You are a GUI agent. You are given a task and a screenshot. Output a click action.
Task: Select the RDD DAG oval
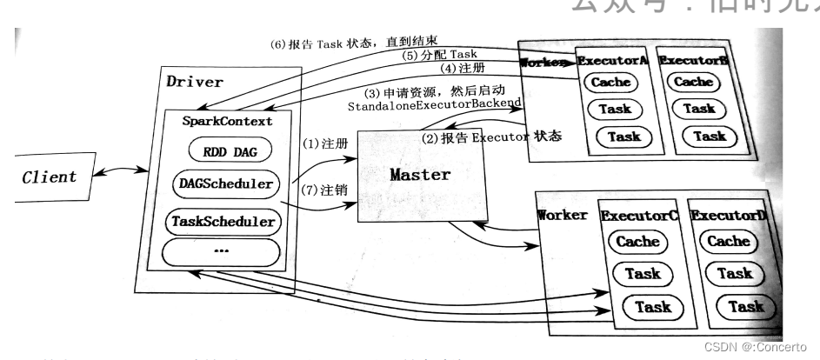pos(230,150)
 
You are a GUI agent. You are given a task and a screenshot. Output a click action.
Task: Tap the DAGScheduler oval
pos(230,184)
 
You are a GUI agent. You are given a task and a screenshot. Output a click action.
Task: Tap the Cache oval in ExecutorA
pos(610,83)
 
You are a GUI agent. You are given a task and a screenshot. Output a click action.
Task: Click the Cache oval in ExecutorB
pos(693,83)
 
